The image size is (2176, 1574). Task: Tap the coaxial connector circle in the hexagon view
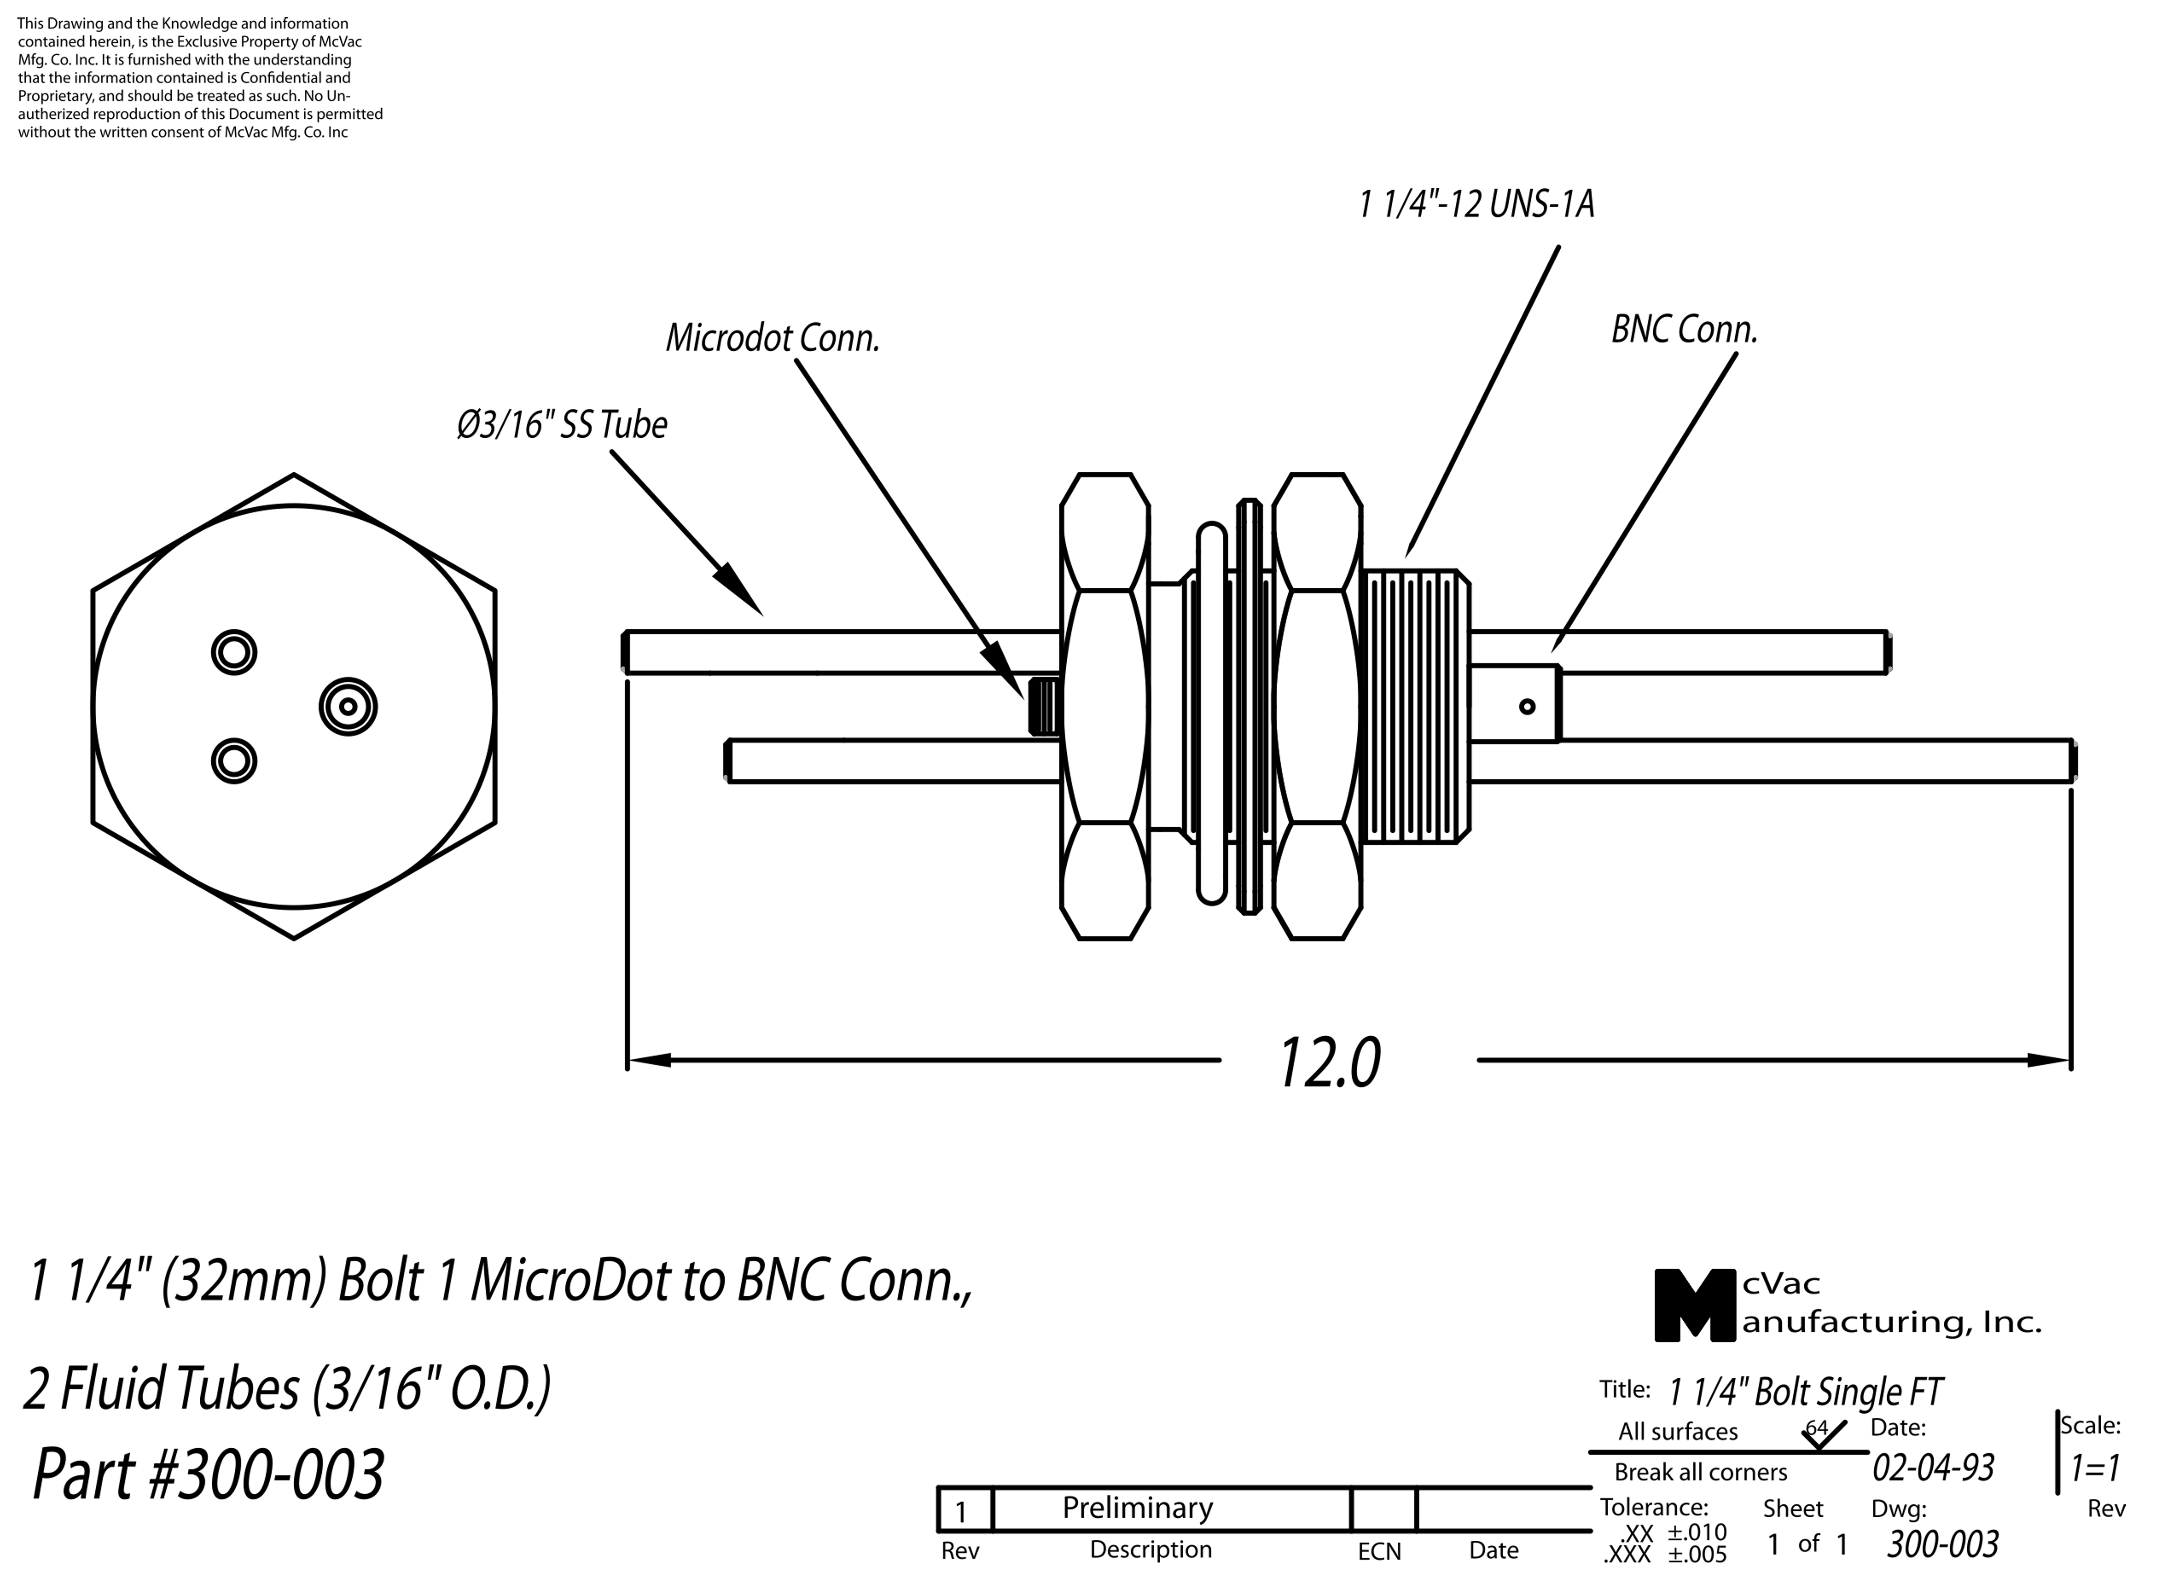tap(348, 707)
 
